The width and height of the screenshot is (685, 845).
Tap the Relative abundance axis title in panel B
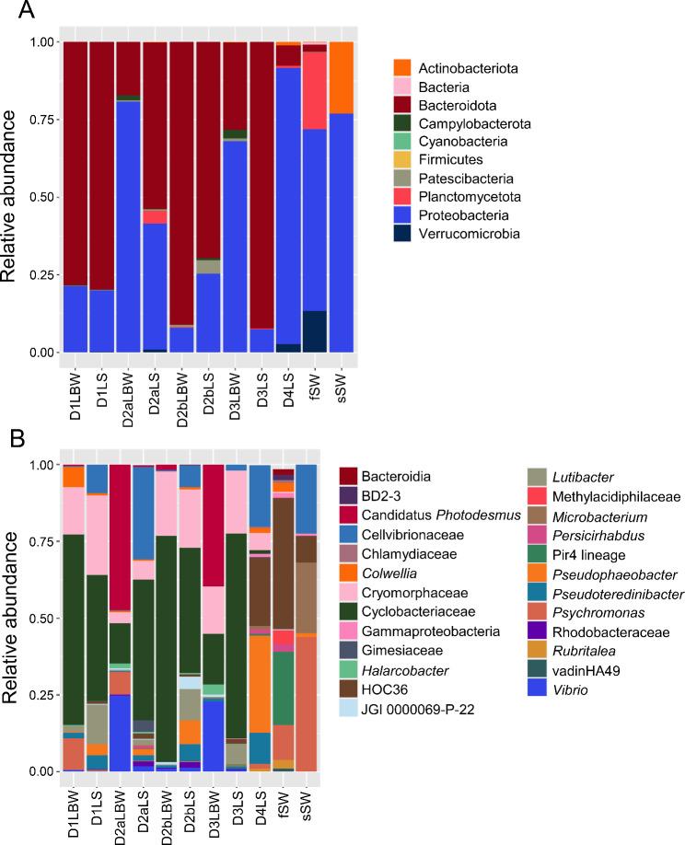13,618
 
